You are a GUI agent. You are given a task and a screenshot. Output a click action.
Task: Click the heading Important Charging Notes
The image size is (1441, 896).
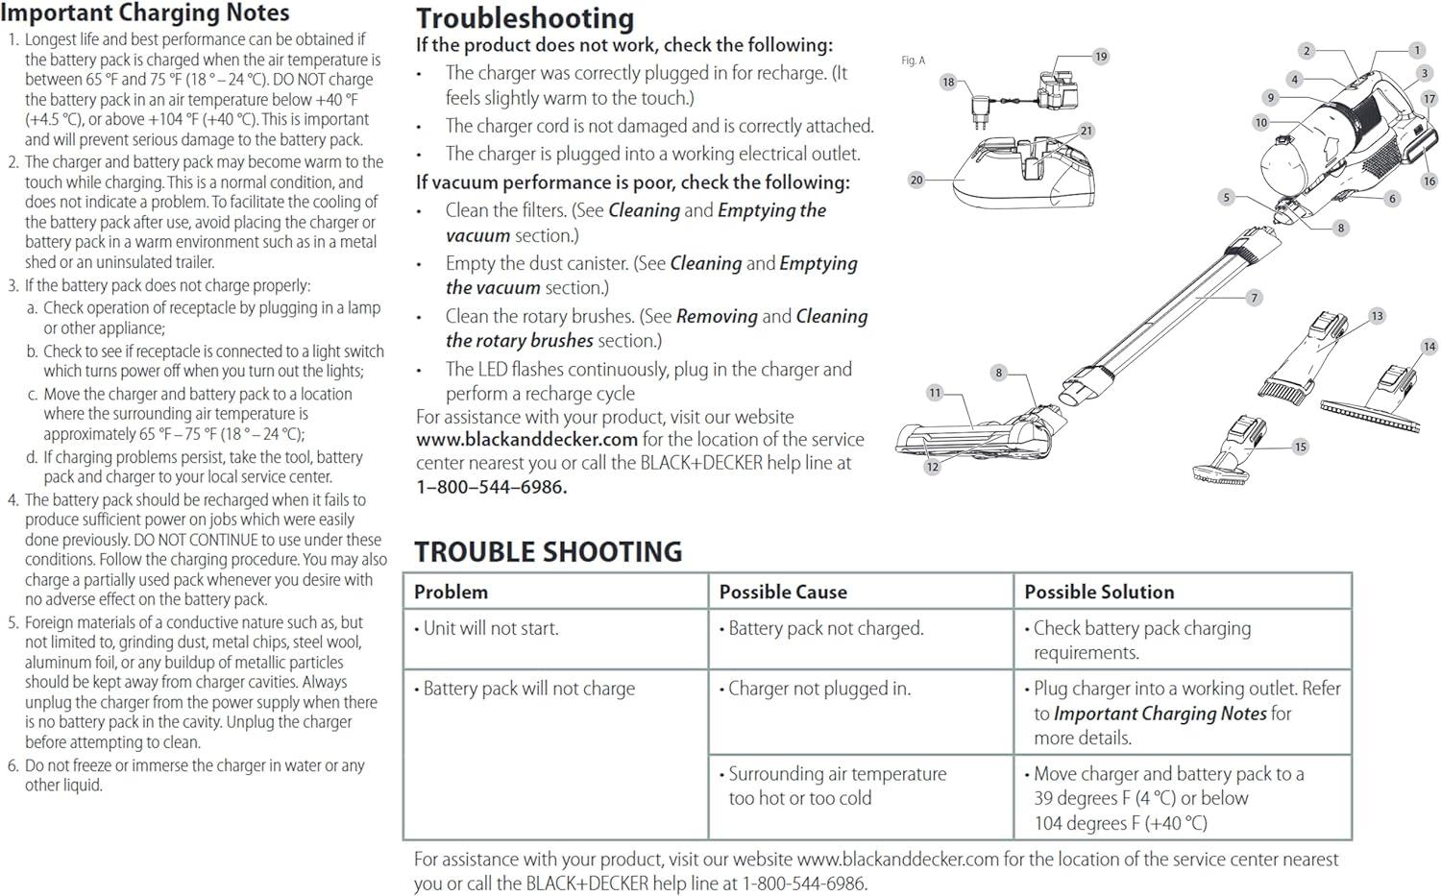coord(145,13)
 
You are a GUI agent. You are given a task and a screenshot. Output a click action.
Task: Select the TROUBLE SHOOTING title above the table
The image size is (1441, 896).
coord(548,551)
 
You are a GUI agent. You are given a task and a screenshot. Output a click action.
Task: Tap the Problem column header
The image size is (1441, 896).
coord(451,592)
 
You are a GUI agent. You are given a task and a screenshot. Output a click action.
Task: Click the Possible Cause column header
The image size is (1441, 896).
coord(783,592)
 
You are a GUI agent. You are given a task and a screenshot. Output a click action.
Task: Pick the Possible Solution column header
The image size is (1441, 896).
coord(1099,592)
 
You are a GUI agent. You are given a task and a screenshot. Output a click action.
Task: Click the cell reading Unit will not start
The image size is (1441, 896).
coord(491,628)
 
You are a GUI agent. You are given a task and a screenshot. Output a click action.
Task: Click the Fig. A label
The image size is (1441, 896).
coord(913,61)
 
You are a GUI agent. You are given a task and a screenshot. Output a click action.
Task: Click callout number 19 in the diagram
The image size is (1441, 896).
coord(1101,57)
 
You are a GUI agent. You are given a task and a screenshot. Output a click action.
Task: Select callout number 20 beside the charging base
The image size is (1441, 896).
coord(916,180)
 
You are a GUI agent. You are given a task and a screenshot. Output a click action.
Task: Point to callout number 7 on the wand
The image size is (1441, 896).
coord(1254,298)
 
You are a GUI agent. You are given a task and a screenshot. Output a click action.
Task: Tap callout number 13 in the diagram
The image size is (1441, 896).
coord(1377,316)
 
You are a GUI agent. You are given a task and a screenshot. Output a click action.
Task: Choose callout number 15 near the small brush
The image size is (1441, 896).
coord(1300,447)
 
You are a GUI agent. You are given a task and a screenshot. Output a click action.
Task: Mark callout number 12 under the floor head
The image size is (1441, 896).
coord(932,467)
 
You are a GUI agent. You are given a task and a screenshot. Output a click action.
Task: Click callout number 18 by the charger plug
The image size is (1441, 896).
coord(948,82)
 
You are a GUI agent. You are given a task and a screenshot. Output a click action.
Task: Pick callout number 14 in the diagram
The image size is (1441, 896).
coord(1429,347)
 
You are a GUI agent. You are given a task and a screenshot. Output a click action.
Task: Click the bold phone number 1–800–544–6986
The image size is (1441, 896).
coord(491,487)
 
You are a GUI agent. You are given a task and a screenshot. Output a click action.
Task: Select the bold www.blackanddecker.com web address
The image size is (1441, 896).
coord(526,440)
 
